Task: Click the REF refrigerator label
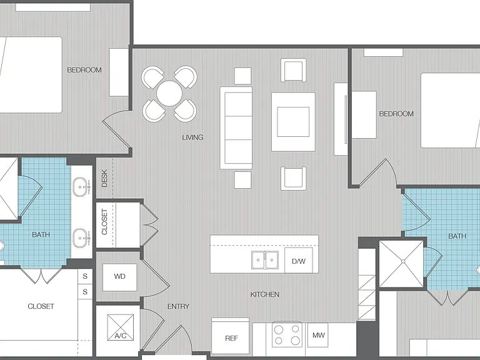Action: tap(231, 338)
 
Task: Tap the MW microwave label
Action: tap(318, 335)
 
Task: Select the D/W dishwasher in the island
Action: tap(299, 261)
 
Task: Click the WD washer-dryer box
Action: tap(120, 277)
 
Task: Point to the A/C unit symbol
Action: tap(121, 327)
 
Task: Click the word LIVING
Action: tap(192, 137)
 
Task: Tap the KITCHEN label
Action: tap(265, 294)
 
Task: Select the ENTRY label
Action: tap(178, 306)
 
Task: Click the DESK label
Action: tap(104, 178)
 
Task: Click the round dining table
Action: tap(169, 93)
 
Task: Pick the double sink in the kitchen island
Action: tap(265, 260)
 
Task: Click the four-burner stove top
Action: tap(287, 334)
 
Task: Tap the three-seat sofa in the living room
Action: tap(236, 128)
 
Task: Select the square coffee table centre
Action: tap(293, 122)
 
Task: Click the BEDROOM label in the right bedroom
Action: tap(396, 114)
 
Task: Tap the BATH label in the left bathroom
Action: tap(41, 235)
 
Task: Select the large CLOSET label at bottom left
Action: tap(41, 306)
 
